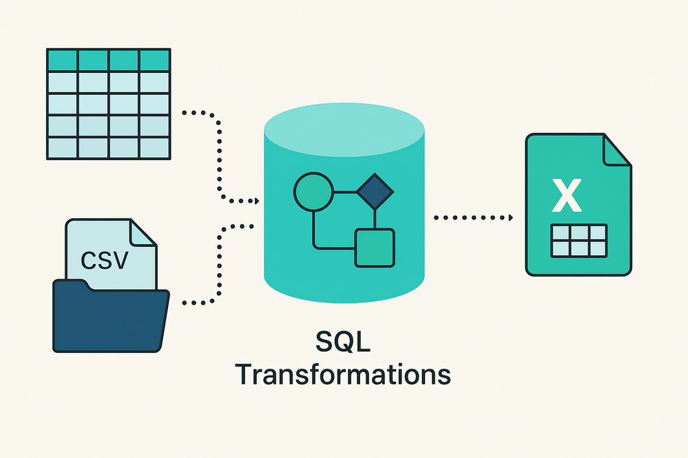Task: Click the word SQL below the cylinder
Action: (342, 342)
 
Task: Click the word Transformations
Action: (342, 375)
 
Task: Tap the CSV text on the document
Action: (103, 261)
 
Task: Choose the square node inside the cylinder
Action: (375, 248)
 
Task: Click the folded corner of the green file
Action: (616, 149)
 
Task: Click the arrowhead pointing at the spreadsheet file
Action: (510, 218)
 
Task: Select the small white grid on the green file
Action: (579, 241)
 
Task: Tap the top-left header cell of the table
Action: (61, 59)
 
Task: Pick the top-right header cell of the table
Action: (155, 59)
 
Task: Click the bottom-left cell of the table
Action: (61, 147)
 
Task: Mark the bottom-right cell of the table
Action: (155, 147)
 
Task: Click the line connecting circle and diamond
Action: (344, 190)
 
